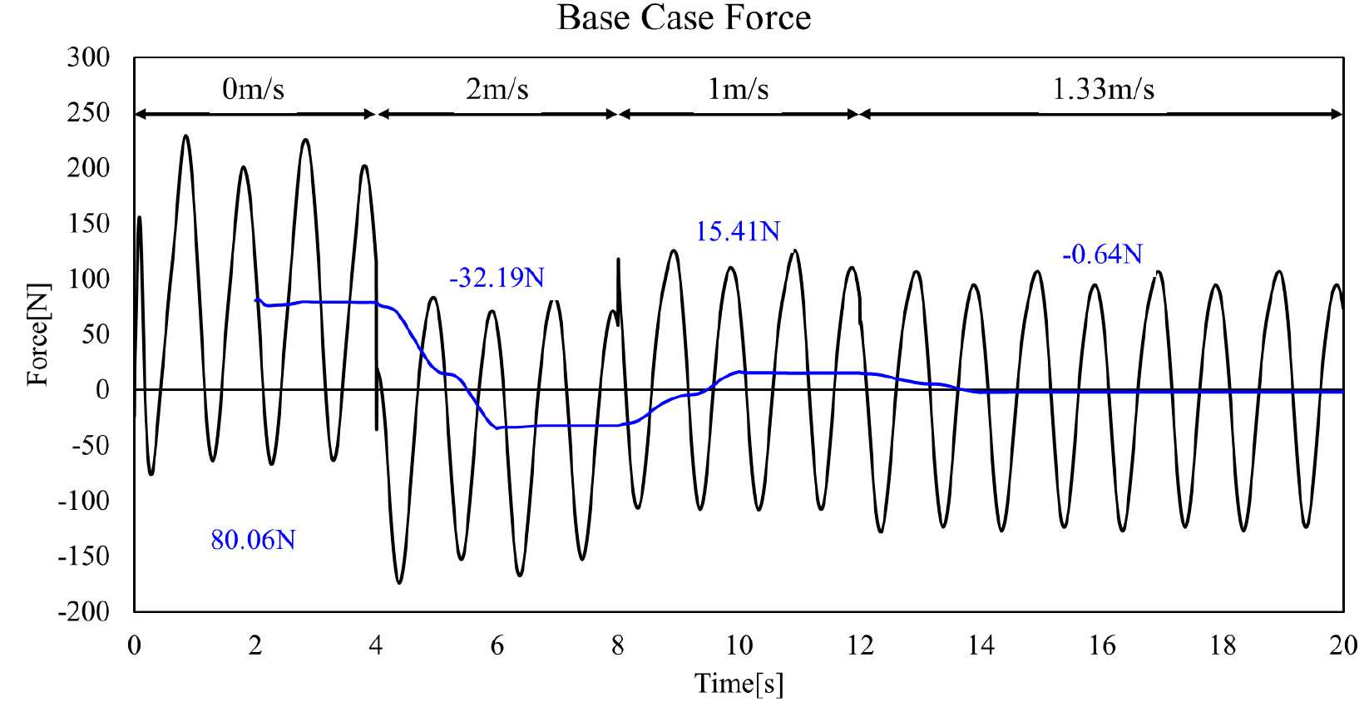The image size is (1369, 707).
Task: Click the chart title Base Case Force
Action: pyautogui.click(x=684, y=17)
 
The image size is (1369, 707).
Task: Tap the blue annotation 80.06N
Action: pyautogui.click(x=253, y=540)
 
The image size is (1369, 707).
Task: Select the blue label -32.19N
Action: pyautogui.click(x=497, y=278)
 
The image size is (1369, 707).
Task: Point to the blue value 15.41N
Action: pyautogui.click(x=738, y=231)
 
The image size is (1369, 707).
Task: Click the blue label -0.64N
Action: pyautogui.click(x=1102, y=255)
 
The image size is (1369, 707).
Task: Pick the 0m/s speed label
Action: pyautogui.click(x=253, y=89)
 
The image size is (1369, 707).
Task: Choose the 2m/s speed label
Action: pyautogui.click(x=497, y=89)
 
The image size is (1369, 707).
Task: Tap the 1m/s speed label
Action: pyautogui.click(x=738, y=89)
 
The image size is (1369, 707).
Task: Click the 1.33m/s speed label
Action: pyautogui.click(x=1103, y=89)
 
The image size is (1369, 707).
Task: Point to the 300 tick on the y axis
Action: pyautogui.click(x=88, y=58)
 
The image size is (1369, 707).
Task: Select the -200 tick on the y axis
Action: pyautogui.click(x=84, y=611)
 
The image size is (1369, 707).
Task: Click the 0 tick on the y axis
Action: pyautogui.click(x=102, y=390)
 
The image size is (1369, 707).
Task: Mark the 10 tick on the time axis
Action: pyautogui.click(x=739, y=646)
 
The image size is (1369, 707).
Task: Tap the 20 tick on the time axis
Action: pyautogui.click(x=1342, y=646)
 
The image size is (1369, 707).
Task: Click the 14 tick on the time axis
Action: pyautogui.click(x=981, y=646)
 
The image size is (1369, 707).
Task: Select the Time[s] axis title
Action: pyautogui.click(x=739, y=684)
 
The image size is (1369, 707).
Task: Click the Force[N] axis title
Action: pyautogui.click(x=38, y=334)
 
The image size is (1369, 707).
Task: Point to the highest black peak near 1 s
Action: pyautogui.click(x=185, y=136)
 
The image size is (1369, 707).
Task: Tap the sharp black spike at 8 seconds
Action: pyautogui.click(x=618, y=259)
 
